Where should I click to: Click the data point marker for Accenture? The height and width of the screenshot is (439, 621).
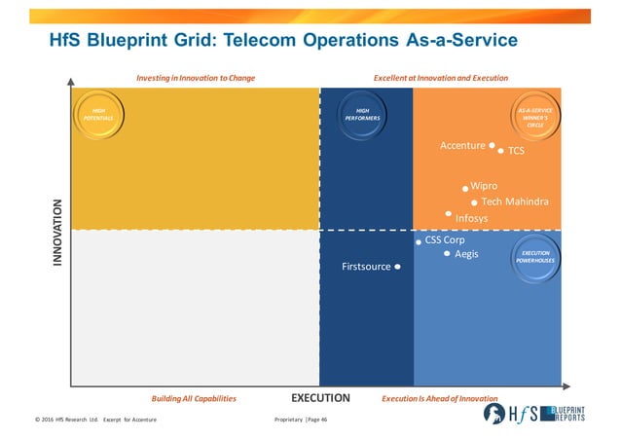[x=493, y=146]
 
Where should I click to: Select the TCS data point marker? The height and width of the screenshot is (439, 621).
[x=501, y=151]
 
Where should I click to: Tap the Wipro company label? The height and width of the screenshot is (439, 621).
[x=484, y=185]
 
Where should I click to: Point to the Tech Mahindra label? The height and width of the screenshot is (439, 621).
[x=515, y=201]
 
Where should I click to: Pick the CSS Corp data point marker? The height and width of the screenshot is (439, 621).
[x=419, y=240]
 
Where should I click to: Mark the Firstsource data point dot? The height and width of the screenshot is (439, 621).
[x=398, y=267]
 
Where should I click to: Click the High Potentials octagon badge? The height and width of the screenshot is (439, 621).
[x=99, y=116]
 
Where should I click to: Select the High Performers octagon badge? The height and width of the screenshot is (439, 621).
[x=362, y=116]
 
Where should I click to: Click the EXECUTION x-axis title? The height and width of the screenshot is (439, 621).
[x=320, y=398]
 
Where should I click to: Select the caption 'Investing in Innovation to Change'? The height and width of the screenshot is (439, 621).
[x=196, y=77]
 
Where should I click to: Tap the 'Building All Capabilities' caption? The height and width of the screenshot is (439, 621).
[x=194, y=399]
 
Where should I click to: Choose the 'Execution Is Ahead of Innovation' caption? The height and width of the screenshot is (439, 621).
[x=439, y=399]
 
